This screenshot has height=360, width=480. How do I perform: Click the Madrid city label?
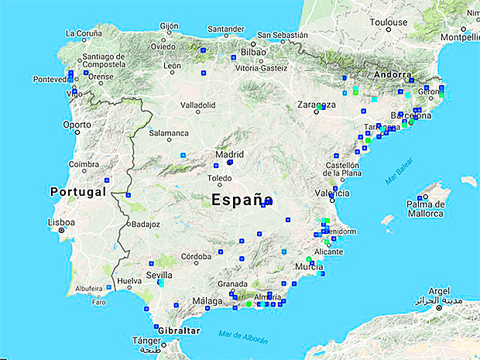229,154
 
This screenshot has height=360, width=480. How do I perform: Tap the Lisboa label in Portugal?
61,222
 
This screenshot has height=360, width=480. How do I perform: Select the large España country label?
242,200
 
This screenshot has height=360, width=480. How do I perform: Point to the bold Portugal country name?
77,191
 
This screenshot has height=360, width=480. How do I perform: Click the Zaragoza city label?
317,105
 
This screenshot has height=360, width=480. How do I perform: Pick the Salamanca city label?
170,133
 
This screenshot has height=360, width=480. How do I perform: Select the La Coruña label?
84,33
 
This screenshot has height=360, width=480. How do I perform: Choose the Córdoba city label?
195,256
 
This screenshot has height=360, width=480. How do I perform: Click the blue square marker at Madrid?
230,163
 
